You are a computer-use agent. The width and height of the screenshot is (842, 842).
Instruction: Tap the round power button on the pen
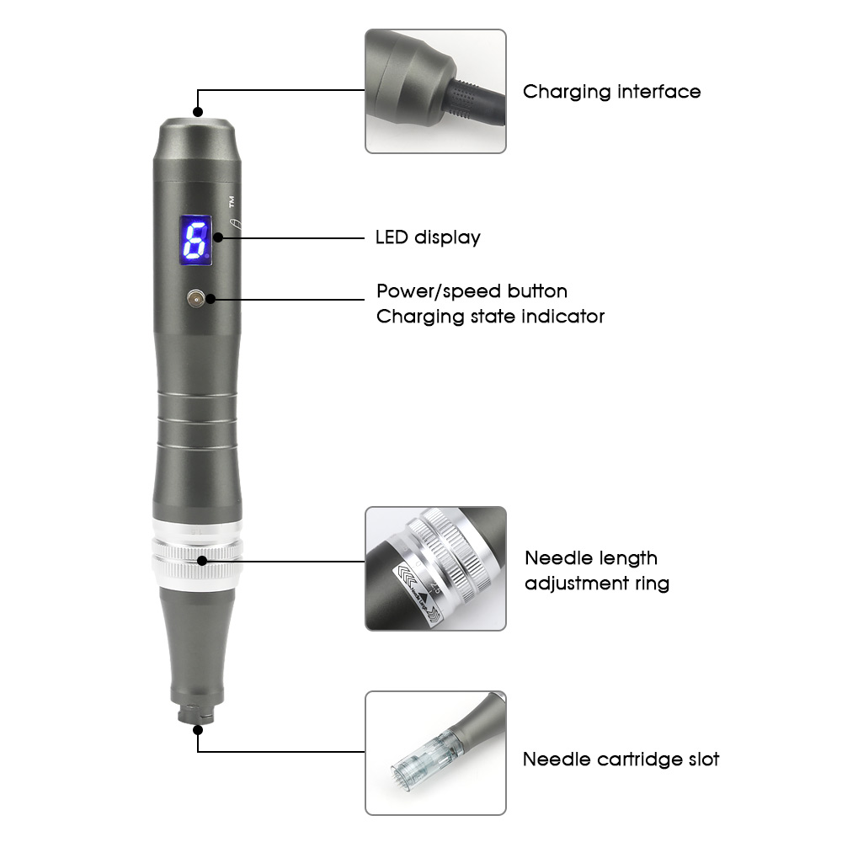[196, 298]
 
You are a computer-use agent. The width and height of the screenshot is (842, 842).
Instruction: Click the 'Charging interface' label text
[611, 91]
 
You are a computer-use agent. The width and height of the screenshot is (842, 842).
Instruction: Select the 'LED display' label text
[428, 237]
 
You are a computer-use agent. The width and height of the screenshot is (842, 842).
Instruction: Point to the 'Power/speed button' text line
[472, 291]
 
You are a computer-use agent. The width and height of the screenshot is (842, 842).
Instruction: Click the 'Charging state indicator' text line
[490, 317]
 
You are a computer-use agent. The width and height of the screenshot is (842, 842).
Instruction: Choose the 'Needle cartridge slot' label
[621, 759]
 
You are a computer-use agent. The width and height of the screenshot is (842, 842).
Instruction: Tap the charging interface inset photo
[435, 91]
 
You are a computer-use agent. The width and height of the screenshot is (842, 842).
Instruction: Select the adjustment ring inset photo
[435, 568]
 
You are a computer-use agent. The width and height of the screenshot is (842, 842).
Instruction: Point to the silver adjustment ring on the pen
[198, 556]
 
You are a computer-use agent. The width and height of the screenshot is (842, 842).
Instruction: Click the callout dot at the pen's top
[199, 111]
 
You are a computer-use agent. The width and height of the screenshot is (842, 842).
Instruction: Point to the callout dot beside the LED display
[219, 237]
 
